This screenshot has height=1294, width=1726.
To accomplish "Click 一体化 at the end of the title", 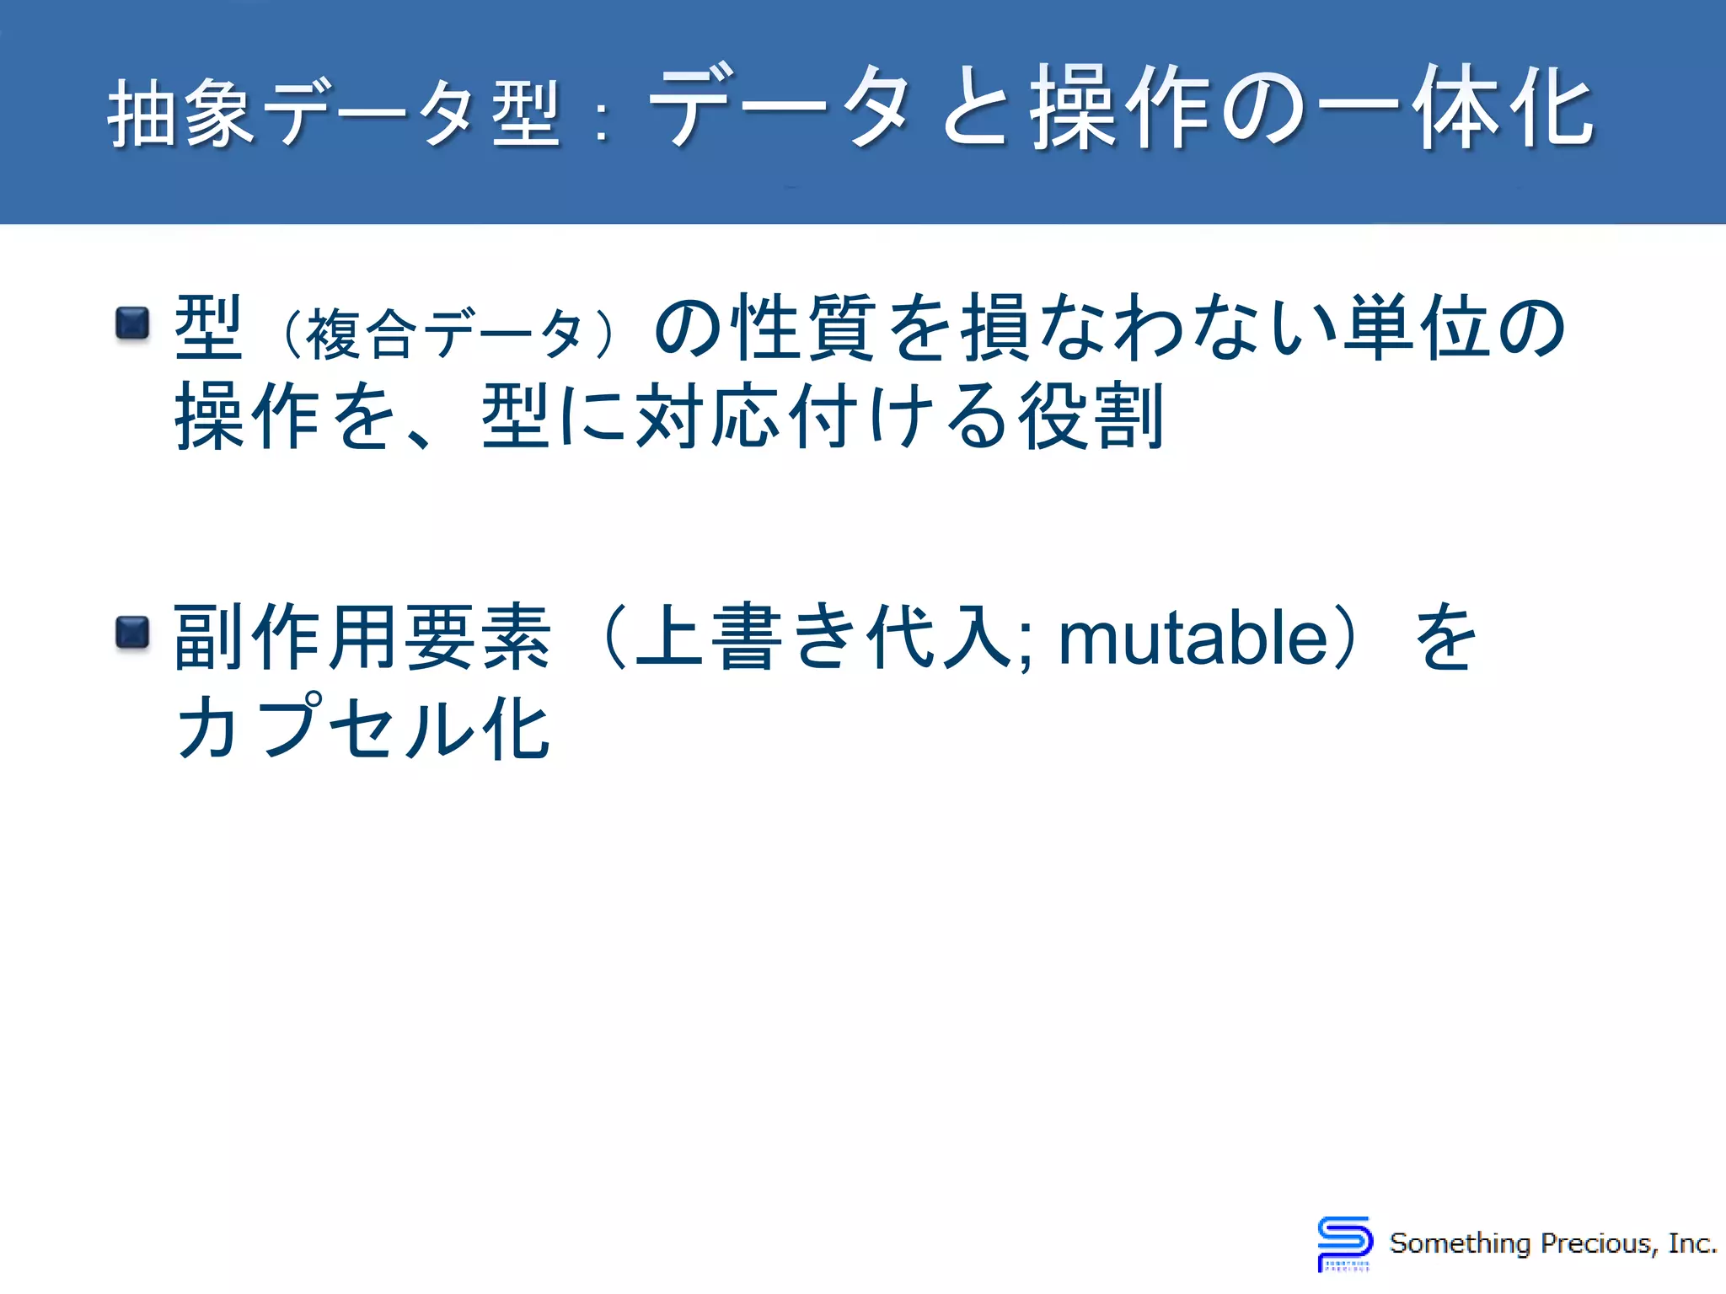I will [1456, 110].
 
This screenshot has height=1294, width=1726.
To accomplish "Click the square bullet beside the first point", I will [132, 323].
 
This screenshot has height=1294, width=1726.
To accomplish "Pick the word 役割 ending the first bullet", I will [1091, 416].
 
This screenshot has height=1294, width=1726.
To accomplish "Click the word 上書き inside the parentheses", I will [746, 638].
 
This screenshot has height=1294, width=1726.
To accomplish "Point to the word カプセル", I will [325, 727].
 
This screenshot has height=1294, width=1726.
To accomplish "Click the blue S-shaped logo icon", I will [1344, 1242].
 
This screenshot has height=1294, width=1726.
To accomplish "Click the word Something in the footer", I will [1460, 1243].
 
